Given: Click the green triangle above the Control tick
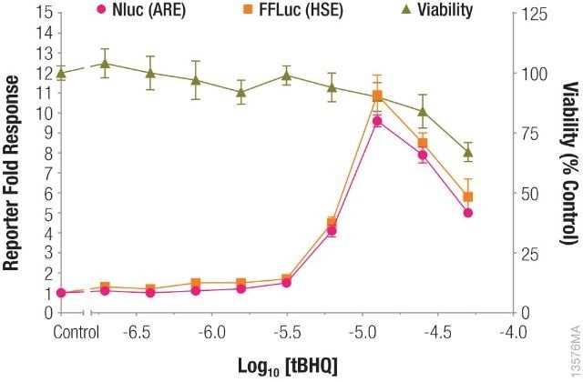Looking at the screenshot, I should coord(61,74).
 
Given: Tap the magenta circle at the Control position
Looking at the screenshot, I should coord(61,293).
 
